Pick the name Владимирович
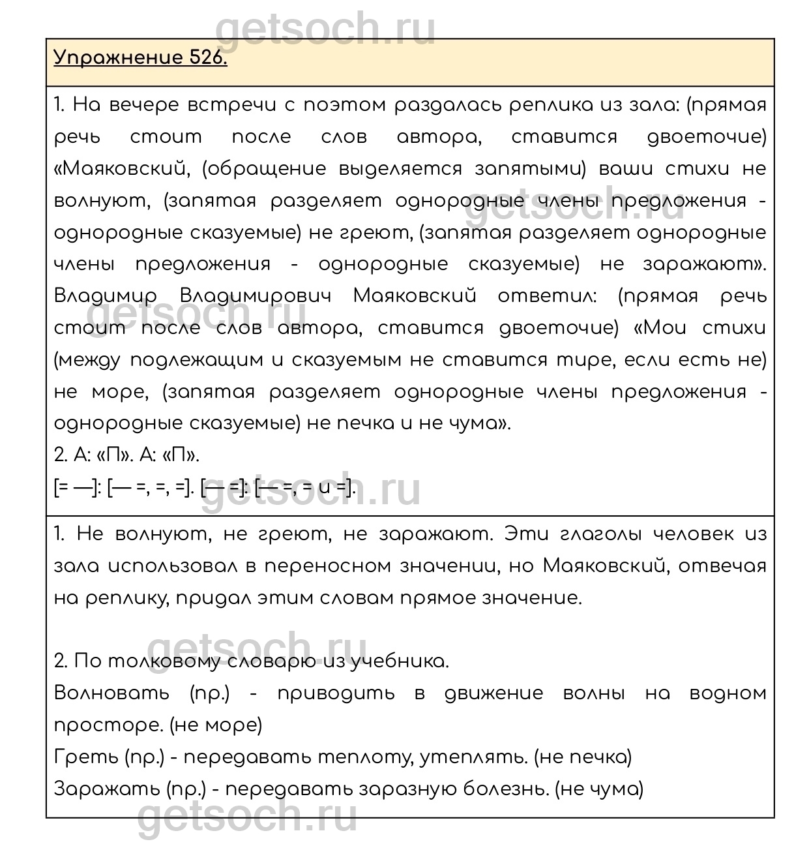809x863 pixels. click(255, 296)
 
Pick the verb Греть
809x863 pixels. click(84, 757)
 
